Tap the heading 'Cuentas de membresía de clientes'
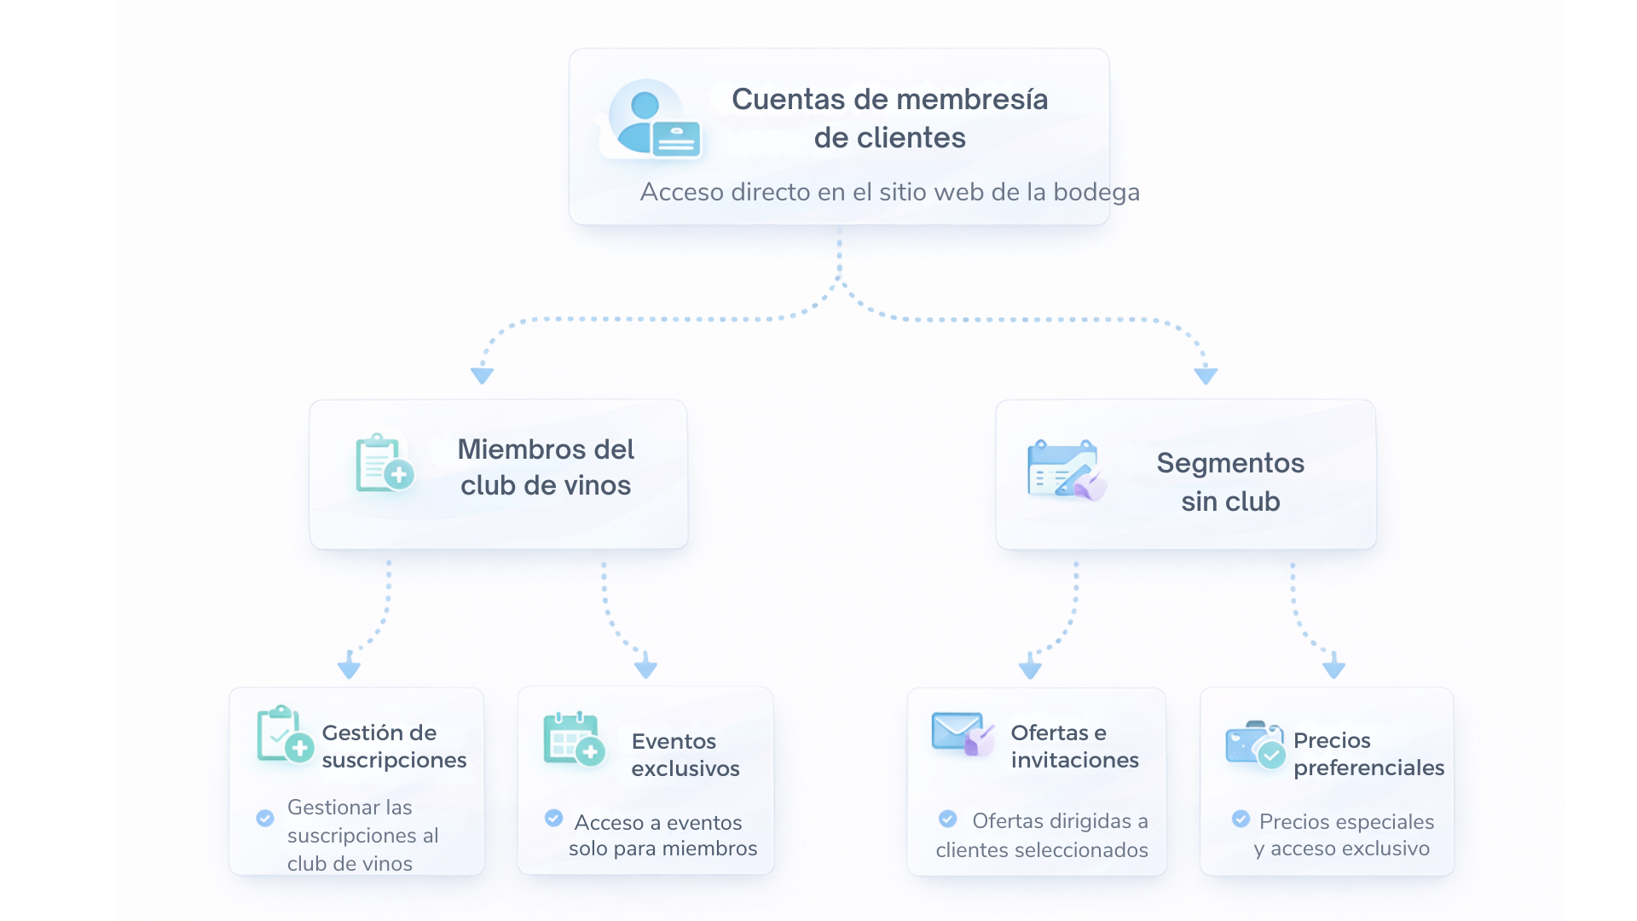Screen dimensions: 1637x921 [x=889, y=118]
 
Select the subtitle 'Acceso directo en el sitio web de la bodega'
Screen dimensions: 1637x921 [x=889, y=192]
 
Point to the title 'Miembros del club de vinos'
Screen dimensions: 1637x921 [x=546, y=467]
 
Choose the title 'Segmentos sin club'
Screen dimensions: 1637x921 [x=1230, y=482]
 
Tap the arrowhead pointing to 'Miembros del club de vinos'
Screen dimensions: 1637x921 [x=483, y=374]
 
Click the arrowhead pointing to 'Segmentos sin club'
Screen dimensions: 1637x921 [x=1206, y=374]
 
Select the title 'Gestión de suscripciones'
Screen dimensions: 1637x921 [x=394, y=746]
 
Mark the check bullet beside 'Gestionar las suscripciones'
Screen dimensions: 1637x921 [x=265, y=819]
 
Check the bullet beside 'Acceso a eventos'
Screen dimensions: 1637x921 [x=554, y=819]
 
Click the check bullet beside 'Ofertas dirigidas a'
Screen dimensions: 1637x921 [x=948, y=820]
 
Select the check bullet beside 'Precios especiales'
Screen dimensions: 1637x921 [x=1241, y=820]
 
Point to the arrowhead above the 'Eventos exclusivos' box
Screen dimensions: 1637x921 [x=645, y=666]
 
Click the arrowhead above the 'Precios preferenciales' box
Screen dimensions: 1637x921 [x=1333, y=666]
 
